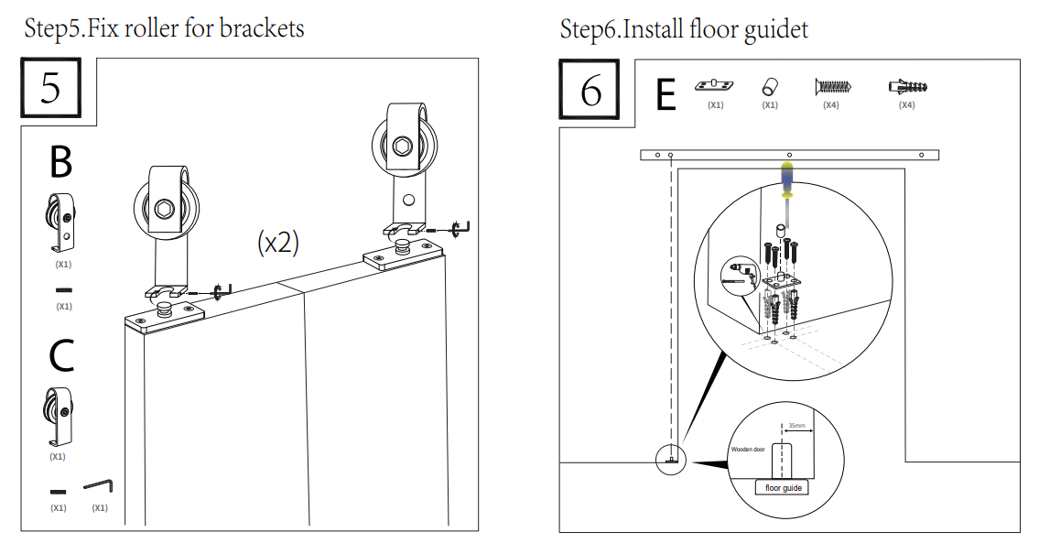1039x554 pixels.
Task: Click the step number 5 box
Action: [51, 89]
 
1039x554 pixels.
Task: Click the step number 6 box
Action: [590, 89]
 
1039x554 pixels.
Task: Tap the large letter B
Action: [60, 162]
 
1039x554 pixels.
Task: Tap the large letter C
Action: [60, 355]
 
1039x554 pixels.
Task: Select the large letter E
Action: [666, 94]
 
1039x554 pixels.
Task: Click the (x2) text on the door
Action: [278, 243]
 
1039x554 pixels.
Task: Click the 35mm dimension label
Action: [796, 427]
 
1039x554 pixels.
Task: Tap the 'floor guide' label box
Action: [784, 488]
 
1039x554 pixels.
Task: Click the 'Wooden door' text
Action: [748, 450]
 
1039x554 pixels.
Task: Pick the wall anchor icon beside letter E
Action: [907, 87]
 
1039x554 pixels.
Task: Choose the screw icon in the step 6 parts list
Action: [832, 87]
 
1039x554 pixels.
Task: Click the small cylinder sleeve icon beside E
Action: [770, 87]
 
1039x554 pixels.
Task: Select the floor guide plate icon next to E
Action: [715, 85]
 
